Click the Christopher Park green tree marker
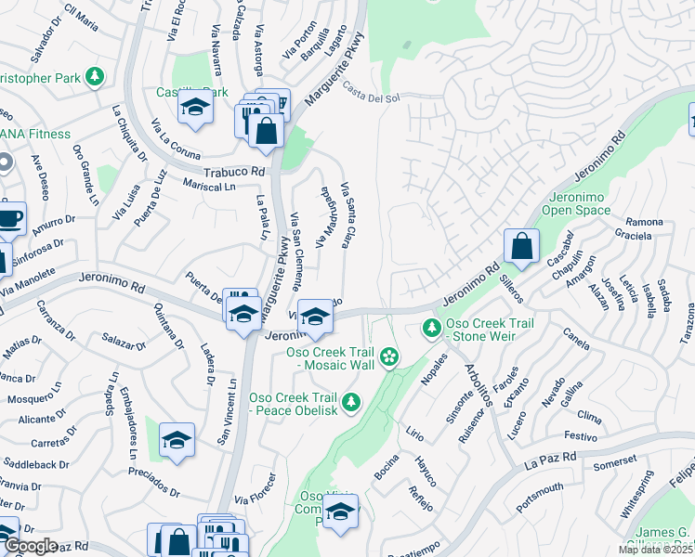[x=94, y=76]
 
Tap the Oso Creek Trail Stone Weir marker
[x=431, y=329]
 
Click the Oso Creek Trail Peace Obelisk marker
[x=350, y=402]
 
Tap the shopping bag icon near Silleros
[x=521, y=247]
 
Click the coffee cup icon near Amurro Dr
[x=9, y=219]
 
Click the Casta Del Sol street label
[x=371, y=93]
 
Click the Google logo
[x=30, y=546]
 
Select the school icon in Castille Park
[x=196, y=109]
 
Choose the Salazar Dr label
[x=125, y=340]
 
